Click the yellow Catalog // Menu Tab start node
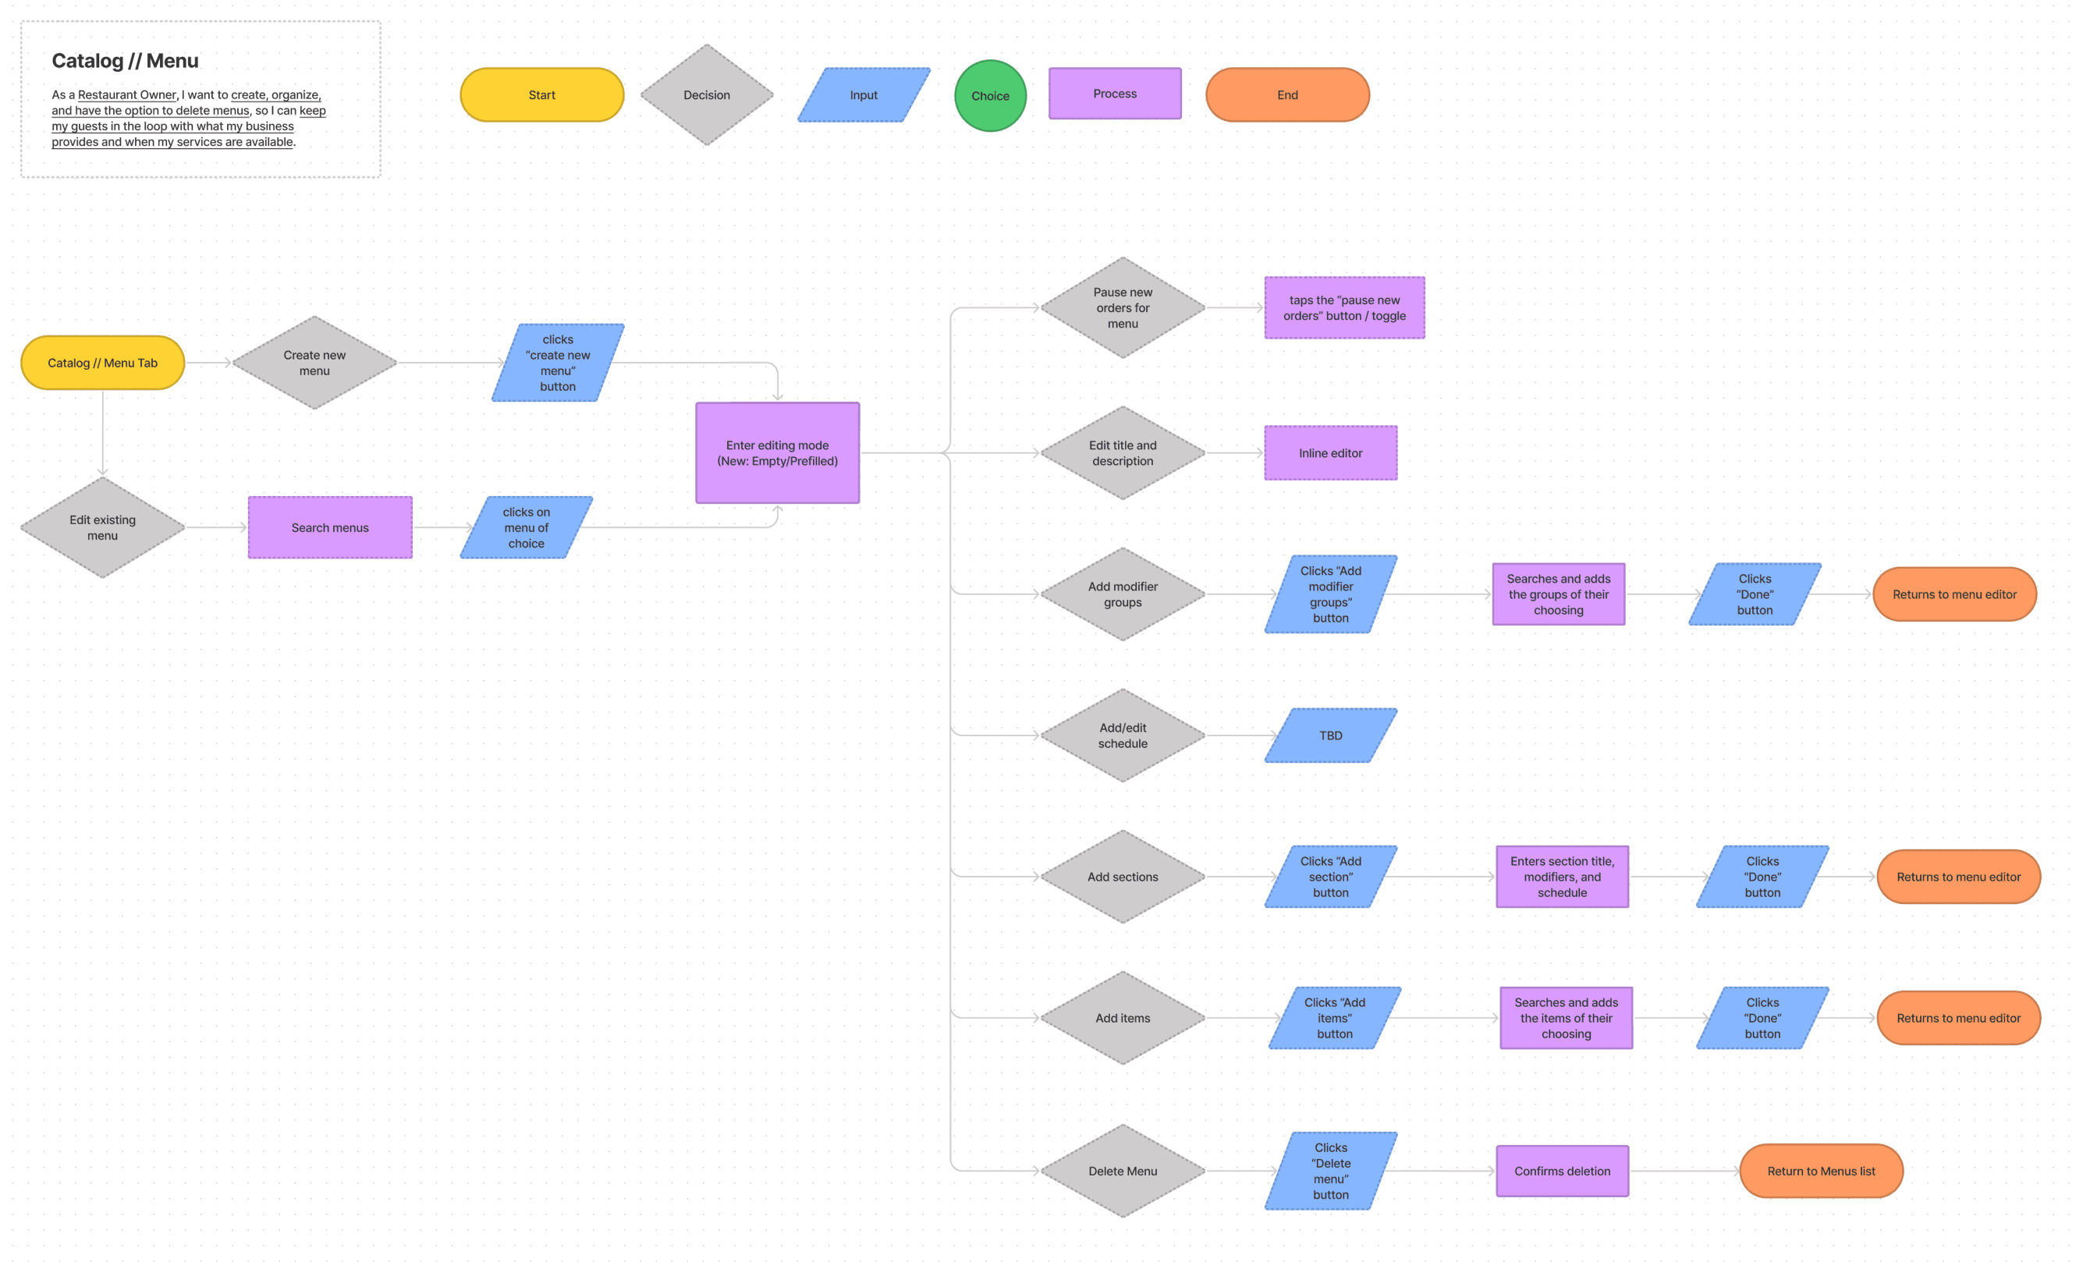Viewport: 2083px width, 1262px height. [102, 363]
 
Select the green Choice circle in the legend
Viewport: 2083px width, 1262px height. [990, 95]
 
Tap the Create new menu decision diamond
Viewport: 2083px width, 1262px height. [314, 363]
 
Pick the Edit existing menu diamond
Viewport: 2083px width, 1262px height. [102, 527]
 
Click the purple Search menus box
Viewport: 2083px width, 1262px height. [330, 527]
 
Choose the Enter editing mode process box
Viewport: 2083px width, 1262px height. [777, 453]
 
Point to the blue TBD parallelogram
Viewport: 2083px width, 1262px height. [1330, 736]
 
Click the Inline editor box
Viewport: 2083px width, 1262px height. [1330, 453]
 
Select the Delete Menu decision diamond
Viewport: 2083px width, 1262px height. [1122, 1171]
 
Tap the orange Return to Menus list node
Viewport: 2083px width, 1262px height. [1820, 1171]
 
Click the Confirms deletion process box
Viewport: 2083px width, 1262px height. [1561, 1171]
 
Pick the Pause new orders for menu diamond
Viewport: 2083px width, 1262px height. [1122, 307]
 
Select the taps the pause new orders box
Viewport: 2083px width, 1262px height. [1343, 307]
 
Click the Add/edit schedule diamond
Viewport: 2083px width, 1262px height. [1122, 736]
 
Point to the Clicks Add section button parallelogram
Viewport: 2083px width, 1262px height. [1330, 877]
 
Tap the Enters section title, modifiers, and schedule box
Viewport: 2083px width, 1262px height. [1561, 877]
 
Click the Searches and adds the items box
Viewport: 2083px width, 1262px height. [1566, 1018]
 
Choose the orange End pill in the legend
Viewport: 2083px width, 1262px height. [1286, 94]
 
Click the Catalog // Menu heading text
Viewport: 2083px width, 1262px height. [125, 61]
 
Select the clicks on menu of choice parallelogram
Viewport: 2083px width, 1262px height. [526, 527]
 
